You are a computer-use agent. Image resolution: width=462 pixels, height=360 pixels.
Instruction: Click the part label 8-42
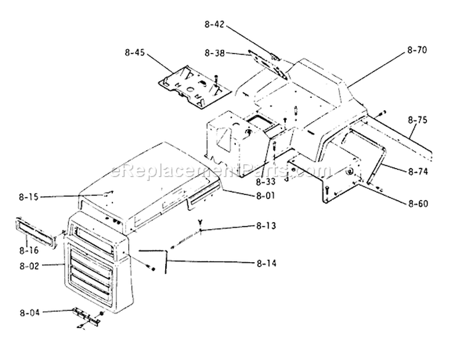[214, 24]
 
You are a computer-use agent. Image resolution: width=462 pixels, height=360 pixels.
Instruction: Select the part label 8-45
[135, 53]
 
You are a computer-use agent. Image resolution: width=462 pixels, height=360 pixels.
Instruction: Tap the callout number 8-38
[214, 54]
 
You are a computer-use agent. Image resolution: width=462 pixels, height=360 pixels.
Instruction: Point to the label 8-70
[417, 50]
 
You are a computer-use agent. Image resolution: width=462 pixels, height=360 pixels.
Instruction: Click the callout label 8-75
[418, 120]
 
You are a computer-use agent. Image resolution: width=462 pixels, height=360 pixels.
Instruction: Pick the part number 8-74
[418, 172]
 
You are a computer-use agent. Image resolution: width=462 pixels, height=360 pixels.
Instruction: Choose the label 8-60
[418, 204]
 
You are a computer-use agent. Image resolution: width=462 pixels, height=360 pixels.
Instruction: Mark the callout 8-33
[265, 182]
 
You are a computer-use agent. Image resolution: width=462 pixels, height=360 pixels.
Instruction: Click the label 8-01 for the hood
[265, 196]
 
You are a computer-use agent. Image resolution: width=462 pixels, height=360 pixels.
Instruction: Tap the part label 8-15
[28, 197]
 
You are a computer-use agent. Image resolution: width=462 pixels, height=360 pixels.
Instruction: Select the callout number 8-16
[29, 250]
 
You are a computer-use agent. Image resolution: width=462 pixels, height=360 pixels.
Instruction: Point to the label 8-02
[29, 266]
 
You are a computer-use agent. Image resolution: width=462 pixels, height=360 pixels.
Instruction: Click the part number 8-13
[266, 226]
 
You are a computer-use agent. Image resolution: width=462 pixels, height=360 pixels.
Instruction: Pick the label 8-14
[266, 263]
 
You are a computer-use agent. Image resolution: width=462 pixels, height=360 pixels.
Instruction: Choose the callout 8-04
[30, 313]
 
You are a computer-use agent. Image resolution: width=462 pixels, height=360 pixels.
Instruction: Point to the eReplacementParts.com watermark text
[221, 170]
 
